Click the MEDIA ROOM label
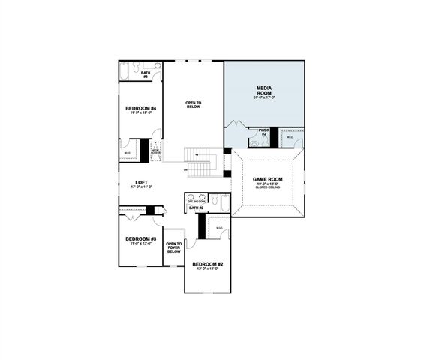[x=263, y=90]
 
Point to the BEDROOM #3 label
[x=140, y=239]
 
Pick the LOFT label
[x=140, y=183]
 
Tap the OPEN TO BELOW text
[x=194, y=104]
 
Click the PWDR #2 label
[x=263, y=132]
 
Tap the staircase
[x=200, y=161]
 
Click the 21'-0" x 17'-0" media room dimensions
[x=263, y=97]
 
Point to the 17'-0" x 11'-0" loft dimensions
[x=140, y=187]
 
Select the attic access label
[x=156, y=151]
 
